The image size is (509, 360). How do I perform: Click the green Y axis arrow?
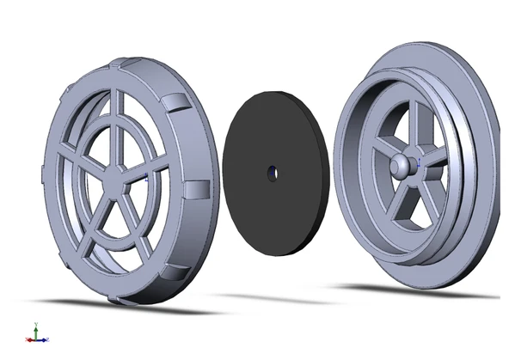click(x=35, y=327)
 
